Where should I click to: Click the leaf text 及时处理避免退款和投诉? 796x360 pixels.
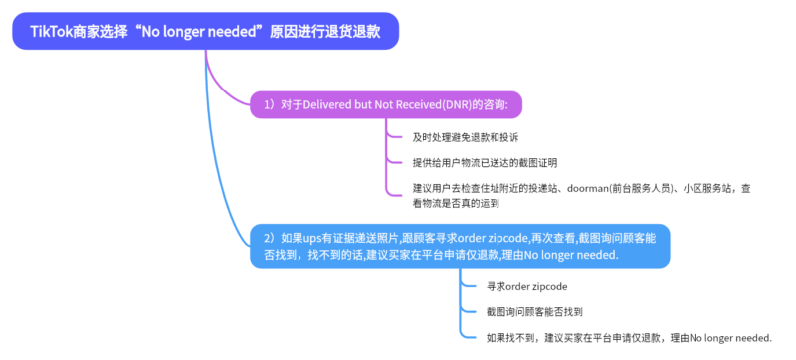(x=465, y=136)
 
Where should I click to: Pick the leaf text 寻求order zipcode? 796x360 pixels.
(x=526, y=286)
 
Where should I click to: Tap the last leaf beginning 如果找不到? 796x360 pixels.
(x=628, y=338)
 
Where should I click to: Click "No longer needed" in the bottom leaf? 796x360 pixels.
(x=729, y=338)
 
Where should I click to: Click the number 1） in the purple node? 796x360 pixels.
(x=269, y=103)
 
